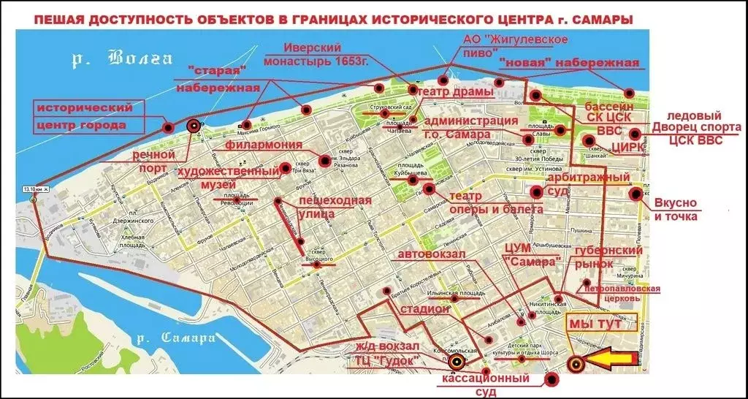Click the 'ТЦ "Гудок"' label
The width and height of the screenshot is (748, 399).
[387, 360]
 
